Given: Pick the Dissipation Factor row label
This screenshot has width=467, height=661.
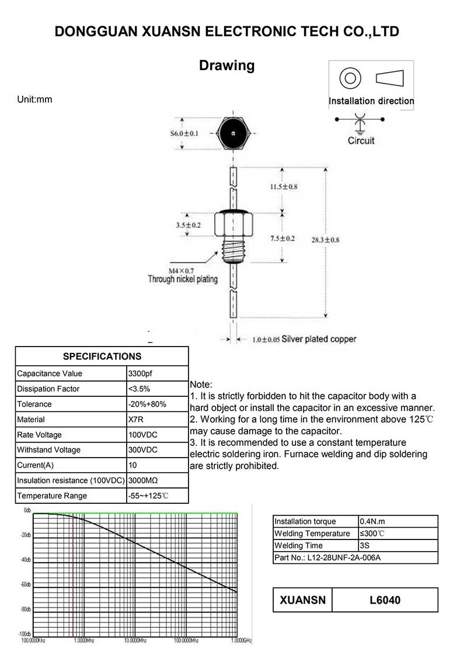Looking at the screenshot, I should coord(48,389).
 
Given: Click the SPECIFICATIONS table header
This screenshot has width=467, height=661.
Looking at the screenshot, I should coord(102,357).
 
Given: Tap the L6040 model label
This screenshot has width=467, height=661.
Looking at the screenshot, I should coord(385,600).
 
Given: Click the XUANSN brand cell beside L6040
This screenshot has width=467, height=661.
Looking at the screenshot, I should coord(302,600).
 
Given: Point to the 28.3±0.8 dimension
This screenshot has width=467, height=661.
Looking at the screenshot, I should coord(341,240).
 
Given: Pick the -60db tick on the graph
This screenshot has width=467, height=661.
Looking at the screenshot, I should coord(26,584).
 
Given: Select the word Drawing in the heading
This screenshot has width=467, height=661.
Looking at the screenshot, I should coord(227,65).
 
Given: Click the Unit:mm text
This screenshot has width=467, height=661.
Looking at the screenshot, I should coord(34,99).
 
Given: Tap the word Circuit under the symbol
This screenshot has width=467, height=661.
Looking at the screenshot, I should coord(361,141).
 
